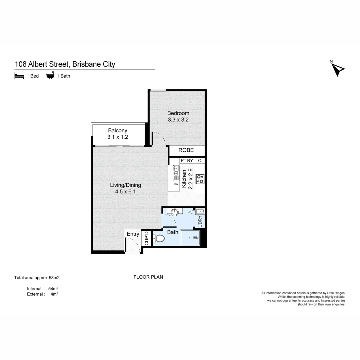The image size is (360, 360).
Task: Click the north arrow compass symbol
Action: (x=338, y=69)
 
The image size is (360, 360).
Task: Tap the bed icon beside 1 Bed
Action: (x=19, y=76)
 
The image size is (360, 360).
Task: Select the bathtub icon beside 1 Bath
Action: (x=50, y=76)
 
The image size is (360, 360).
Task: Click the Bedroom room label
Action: (x=178, y=113)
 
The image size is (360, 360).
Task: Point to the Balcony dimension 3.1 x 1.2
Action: (x=118, y=137)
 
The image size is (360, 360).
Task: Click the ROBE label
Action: (x=186, y=150)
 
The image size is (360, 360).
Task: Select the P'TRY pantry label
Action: (x=187, y=161)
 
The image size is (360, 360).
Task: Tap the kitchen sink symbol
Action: (x=176, y=173)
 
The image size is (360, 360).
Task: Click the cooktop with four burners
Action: (x=200, y=179)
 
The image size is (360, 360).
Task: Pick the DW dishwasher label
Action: (x=176, y=184)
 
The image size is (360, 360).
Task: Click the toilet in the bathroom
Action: (x=159, y=239)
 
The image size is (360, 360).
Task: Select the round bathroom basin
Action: (x=175, y=212)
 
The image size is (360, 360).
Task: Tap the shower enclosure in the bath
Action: (x=190, y=238)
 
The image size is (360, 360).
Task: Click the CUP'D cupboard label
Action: (x=146, y=238)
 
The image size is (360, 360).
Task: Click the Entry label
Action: (x=133, y=234)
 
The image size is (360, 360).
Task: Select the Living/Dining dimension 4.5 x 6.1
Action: (x=125, y=192)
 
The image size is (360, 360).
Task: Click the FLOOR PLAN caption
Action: (x=148, y=277)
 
